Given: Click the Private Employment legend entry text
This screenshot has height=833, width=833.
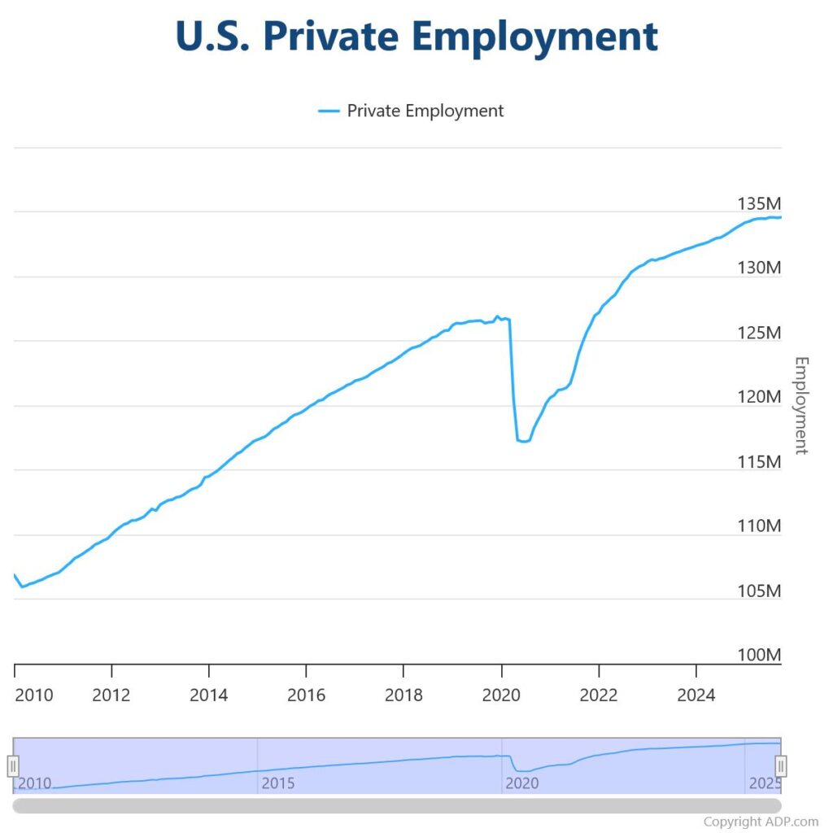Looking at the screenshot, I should tap(425, 111).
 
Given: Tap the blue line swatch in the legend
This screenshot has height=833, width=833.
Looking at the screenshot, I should tap(328, 111).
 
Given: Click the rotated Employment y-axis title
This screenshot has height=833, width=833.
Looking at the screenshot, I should tap(801, 405).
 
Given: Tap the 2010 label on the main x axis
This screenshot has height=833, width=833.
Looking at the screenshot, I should tap(33, 695).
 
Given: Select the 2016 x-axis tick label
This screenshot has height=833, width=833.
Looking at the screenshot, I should tap(306, 695).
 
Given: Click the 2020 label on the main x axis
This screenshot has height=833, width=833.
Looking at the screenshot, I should tap(501, 695).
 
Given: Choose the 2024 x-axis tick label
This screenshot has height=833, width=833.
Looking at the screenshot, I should tap(696, 695).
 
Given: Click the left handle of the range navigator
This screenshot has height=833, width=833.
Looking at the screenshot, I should tap(13, 765).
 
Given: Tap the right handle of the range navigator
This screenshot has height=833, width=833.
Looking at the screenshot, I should tap(781, 765).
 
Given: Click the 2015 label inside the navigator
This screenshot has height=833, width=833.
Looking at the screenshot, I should tap(278, 783).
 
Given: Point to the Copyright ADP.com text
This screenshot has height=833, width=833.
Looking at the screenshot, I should tap(761, 822).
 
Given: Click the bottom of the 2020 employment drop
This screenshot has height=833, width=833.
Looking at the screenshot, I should tap(523, 441).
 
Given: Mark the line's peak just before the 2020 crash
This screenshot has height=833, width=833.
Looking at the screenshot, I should tap(497, 316).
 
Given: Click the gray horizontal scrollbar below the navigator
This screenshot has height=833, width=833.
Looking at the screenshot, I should tap(397, 805).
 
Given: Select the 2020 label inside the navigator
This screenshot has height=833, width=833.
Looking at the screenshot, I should tap(522, 783).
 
